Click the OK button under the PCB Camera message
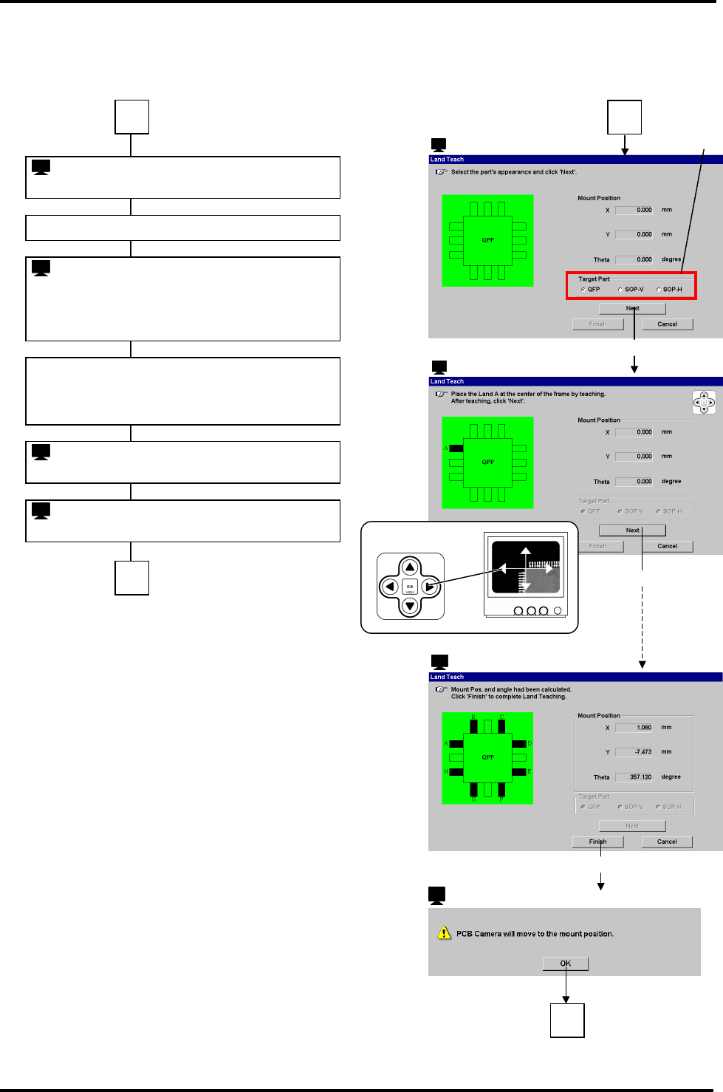565,963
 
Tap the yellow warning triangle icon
444,933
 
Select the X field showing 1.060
634,728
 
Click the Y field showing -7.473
634,752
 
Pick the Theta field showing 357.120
634,777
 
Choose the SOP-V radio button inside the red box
620,290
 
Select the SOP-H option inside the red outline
659,290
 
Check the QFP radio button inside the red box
583,290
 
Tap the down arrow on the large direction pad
410,606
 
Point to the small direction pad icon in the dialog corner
704,403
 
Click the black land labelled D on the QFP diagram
519,744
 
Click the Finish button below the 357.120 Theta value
597,842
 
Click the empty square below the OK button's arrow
567,1020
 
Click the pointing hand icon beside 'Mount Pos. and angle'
441,689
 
